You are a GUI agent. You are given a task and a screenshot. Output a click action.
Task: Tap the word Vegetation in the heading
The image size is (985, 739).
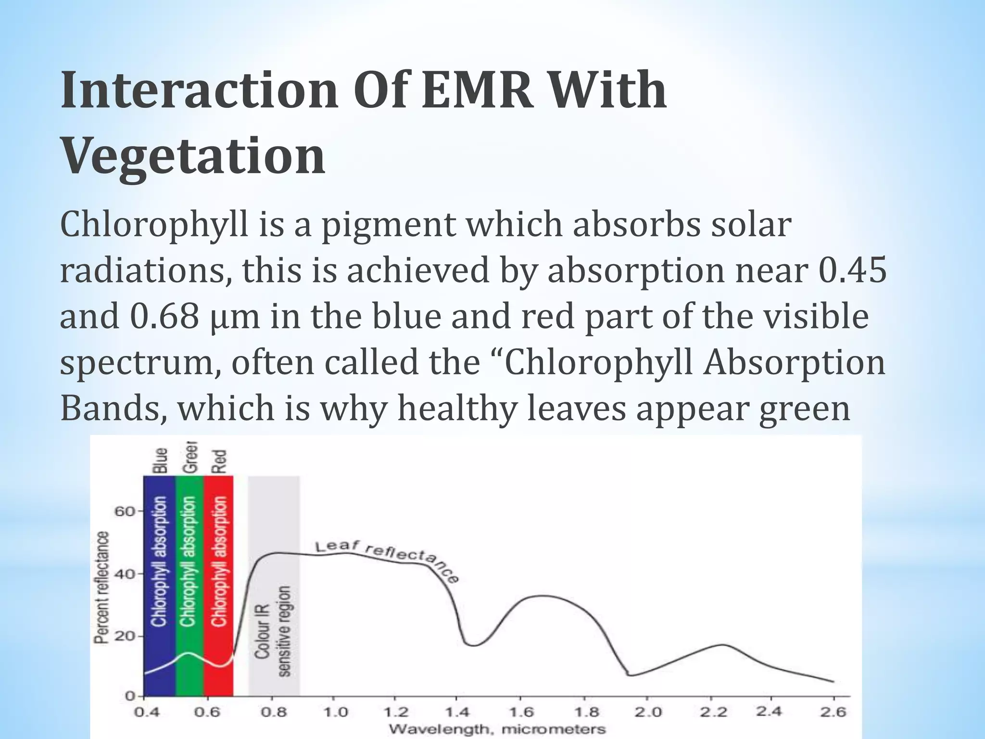193,157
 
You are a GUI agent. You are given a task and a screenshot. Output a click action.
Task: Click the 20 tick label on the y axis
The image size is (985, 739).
125,637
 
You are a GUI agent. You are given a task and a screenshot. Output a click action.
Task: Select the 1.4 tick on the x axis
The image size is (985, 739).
458,712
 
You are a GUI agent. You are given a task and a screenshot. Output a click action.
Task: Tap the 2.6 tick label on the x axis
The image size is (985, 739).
833,712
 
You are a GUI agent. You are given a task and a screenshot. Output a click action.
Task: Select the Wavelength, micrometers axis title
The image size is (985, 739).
497,729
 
